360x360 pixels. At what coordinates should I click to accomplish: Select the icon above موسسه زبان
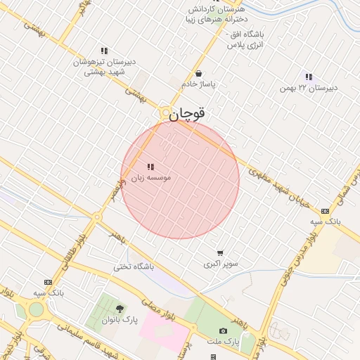click(150, 167)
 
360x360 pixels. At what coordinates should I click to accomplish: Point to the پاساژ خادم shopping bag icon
click(199, 73)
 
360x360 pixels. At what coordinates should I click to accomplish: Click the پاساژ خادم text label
click(199, 84)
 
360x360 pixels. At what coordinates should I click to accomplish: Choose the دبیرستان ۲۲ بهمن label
click(308, 87)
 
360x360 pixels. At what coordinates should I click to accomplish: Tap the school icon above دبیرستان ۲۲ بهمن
click(308, 77)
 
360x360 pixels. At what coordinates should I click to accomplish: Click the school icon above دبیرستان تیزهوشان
click(104, 51)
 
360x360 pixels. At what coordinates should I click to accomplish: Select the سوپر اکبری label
click(221, 264)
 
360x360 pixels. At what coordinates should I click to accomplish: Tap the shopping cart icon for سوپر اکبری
click(220, 254)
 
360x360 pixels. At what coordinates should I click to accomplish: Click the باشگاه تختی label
click(134, 267)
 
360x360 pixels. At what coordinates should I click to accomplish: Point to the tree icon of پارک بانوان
click(120, 309)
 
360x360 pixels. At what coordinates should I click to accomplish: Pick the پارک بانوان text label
click(120, 320)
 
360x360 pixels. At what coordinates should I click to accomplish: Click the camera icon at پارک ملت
click(224, 330)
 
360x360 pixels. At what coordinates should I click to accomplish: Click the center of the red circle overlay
click(180, 180)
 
